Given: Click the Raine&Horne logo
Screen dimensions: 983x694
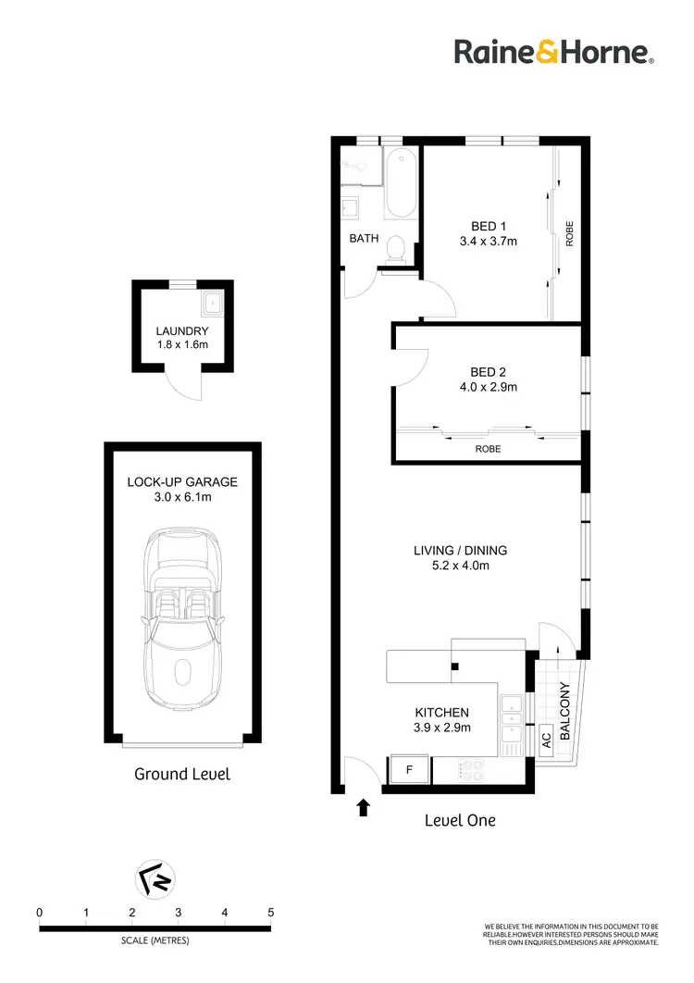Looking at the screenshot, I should click(x=554, y=52).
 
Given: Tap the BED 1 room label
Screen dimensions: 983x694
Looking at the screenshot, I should click(x=489, y=226).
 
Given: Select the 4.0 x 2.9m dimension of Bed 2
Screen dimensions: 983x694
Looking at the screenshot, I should click(x=489, y=387).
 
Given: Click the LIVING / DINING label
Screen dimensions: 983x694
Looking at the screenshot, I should click(x=460, y=550).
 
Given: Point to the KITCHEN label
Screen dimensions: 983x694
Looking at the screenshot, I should click(x=441, y=713).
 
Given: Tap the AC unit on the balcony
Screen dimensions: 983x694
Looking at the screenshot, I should click(x=546, y=740).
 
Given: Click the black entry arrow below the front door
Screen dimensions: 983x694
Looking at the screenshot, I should click(x=363, y=808).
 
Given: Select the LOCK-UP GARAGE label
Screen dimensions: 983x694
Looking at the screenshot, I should click(x=182, y=482).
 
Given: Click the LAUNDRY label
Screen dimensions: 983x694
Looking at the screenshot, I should click(x=182, y=330).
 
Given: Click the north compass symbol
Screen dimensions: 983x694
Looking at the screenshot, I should click(x=155, y=879).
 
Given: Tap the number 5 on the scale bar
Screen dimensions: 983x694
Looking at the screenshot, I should click(x=270, y=912).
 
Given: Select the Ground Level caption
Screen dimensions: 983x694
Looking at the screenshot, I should click(x=182, y=774).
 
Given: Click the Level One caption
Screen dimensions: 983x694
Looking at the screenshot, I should click(x=460, y=820).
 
